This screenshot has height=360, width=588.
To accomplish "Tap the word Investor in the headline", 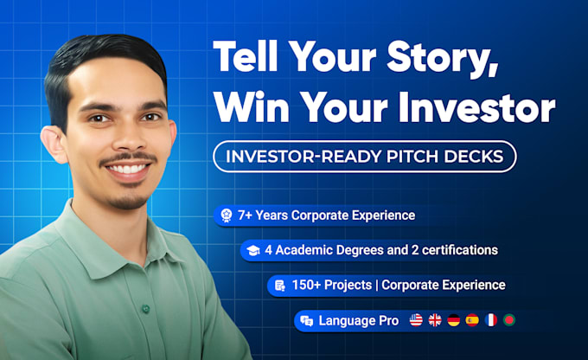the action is pyautogui.click(x=476, y=106).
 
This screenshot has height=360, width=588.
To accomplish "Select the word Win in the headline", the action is pyautogui.click(x=252, y=106).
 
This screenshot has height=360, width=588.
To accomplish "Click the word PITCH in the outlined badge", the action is pyautogui.click(x=412, y=157).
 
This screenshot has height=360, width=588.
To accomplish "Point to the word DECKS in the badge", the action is pyautogui.click(x=474, y=157).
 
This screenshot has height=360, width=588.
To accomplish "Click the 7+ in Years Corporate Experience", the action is pyautogui.click(x=244, y=215).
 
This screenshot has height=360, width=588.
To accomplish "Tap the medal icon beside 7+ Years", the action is pyautogui.click(x=227, y=215).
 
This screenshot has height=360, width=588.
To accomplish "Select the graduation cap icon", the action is pyautogui.click(x=253, y=250).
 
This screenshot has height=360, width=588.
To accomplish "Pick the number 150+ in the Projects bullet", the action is pyautogui.click(x=306, y=285).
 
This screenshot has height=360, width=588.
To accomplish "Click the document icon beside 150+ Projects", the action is pyautogui.click(x=280, y=286).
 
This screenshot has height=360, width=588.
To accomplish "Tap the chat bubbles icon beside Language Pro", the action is pyautogui.click(x=306, y=320).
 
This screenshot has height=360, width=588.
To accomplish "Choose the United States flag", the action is pyautogui.click(x=416, y=320).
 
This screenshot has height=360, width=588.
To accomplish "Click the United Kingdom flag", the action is pyautogui.click(x=435, y=320).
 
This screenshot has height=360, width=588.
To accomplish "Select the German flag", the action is pyautogui.click(x=453, y=320).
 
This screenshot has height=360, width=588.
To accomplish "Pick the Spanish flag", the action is pyautogui.click(x=472, y=320).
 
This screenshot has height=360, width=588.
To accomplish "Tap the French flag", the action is pyautogui.click(x=491, y=320).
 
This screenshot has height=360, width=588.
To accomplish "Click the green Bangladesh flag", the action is pyautogui.click(x=509, y=320).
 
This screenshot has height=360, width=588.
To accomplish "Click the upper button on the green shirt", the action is pyautogui.click(x=146, y=309).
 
